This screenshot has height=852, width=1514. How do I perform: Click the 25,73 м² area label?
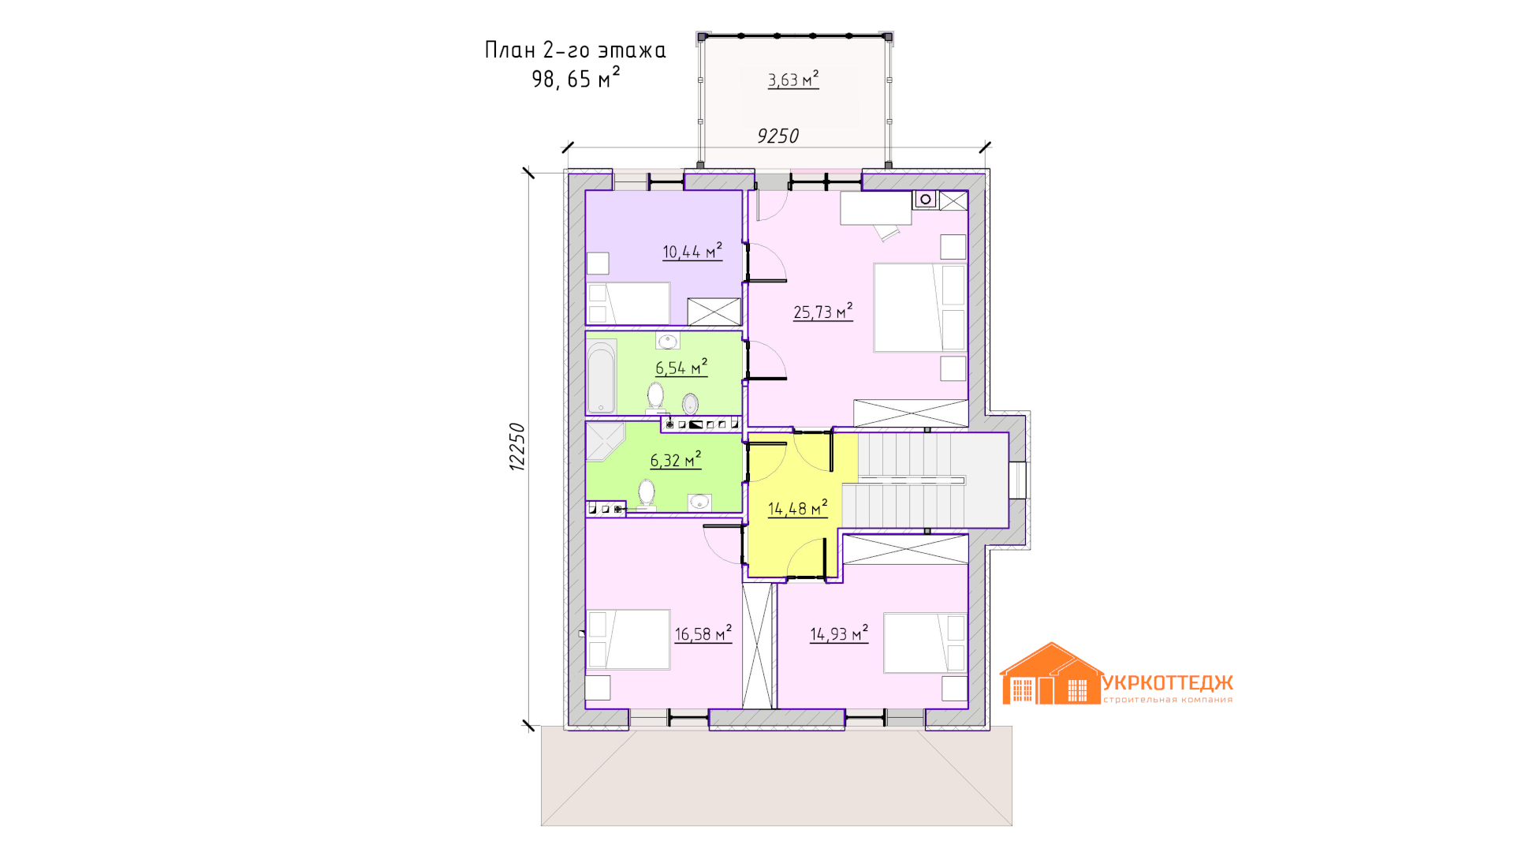pyautogui.click(x=823, y=312)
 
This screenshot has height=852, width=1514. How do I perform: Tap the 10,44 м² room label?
pyautogui.click(x=692, y=252)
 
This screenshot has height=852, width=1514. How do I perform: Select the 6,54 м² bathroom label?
pyautogui.click(x=681, y=368)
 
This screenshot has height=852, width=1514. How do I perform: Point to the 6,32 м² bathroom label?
pyautogui.click(x=676, y=460)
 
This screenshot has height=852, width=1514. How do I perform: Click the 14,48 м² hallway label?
pyautogui.click(x=798, y=509)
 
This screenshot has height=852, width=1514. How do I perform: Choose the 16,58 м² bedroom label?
pyautogui.click(x=703, y=633)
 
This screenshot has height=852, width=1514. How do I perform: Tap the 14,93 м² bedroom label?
pyautogui.click(x=839, y=633)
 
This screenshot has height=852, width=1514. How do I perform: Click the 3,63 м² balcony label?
pyautogui.click(x=793, y=80)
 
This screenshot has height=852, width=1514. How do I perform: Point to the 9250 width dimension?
pyautogui.click(x=778, y=136)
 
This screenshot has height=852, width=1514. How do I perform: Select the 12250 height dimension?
pyautogui.click(x=516, y=447)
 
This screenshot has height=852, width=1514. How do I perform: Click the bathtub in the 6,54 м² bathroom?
pyautogui.click(x=602, y=377)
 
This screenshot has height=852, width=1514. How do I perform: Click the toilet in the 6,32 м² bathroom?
pyautogui.click(x=647, y=495)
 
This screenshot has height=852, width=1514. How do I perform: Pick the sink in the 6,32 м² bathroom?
pyautogui.click(x=699, y=502)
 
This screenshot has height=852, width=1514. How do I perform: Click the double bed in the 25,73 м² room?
pyautogui.click(x=919, y=308)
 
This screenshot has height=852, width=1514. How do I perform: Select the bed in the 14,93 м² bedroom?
pyautogui.click(x=925, y=643)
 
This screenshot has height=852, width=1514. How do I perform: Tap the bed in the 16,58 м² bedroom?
pyautogui.click(x=628, y=640)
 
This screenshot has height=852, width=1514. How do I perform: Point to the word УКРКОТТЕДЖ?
pyautogui.click(x=1168, y=682)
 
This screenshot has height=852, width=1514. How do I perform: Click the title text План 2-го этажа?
pyautogui.click(x=576, y=50)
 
